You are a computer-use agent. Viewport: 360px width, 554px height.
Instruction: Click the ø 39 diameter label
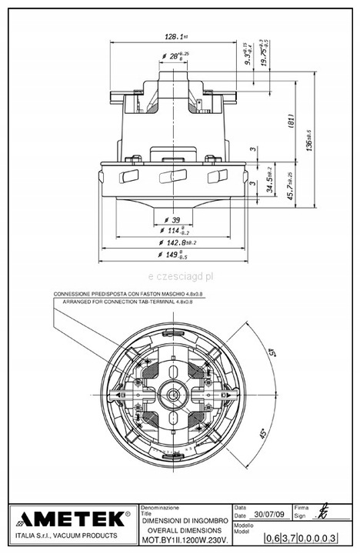pyautogui.click(x=175, y=220)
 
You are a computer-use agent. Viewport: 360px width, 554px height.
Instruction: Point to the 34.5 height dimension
pyautogui.click(x=269, y=186)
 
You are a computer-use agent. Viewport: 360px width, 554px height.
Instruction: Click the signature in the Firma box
pyautogui.click(x=322, y=515)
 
